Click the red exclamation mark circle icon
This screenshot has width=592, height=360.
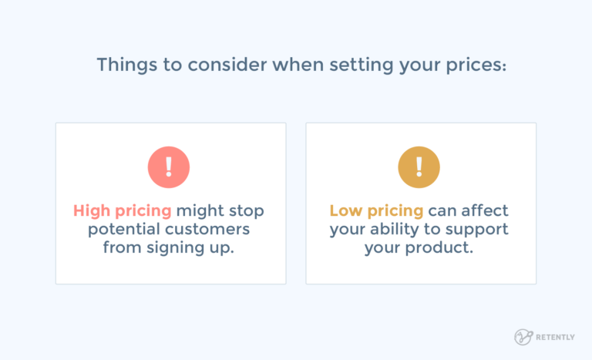[x=169, y=167]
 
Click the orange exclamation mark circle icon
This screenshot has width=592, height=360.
[x=419, y=167]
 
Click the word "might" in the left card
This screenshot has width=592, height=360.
[x=201, y=210]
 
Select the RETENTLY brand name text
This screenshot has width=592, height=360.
[x=559, y=337]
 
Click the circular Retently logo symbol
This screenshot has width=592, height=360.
[x=523, y=337]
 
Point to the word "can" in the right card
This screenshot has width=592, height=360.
[x=443, y=210]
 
